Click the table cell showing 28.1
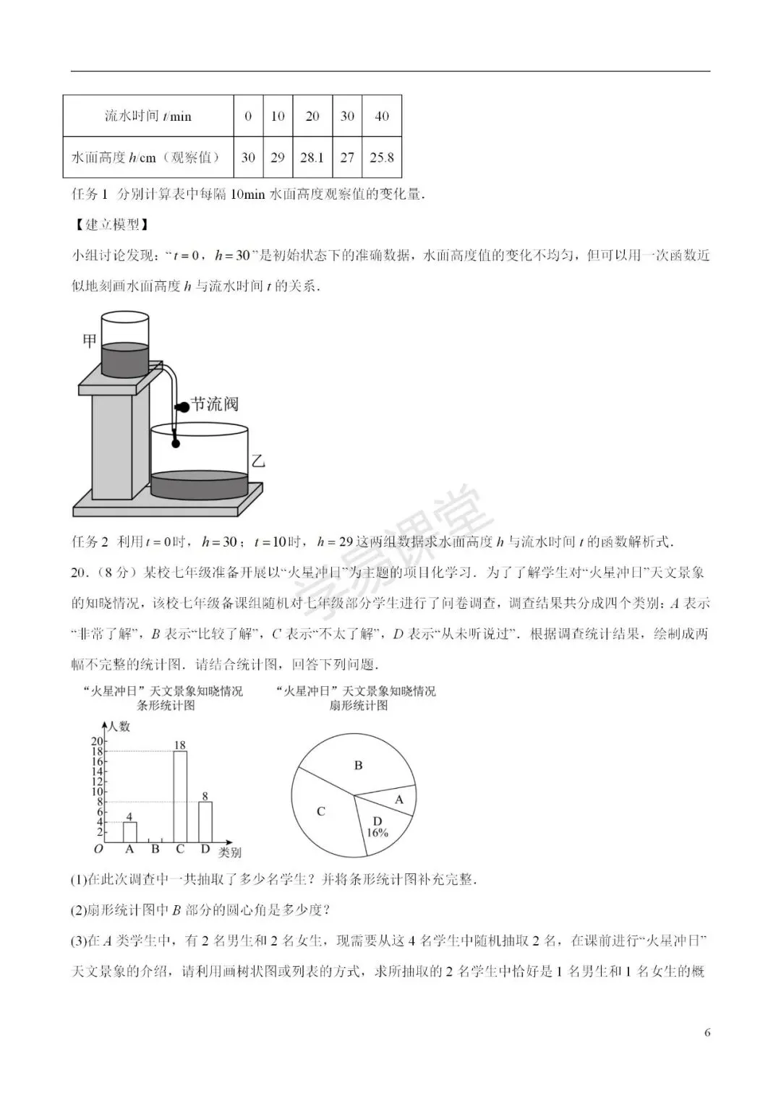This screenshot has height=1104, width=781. pyautogui.click(x=312, y=157)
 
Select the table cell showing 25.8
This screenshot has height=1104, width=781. pyautogui.click(x=382, y=157)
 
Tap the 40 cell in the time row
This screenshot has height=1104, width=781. pyautogui.click(x=382, y=116)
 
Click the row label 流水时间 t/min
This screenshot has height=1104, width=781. pyautogui.click(x=148, y=116)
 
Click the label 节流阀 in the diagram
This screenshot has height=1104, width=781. pyautogui.click(x=214, y=403)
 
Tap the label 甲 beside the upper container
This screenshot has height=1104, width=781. pyautogui.click(x=89, y=340)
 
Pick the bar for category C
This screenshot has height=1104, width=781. pyautogui.click(x=180, y=797)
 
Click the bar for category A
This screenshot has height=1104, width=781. pyautogui.click(x=129, y=832)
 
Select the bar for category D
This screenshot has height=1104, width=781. pyautogui.click(x=205, y=822)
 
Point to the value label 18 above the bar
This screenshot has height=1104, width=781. pyautogui.click(x=180, y=745)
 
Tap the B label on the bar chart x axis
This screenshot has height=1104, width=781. pyautogui.click(x=155, y=850)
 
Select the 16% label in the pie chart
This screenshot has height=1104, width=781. pyautogui.click(x=377, y=832)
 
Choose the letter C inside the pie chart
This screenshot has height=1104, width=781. pyautogui.click(x=321, y=811)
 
